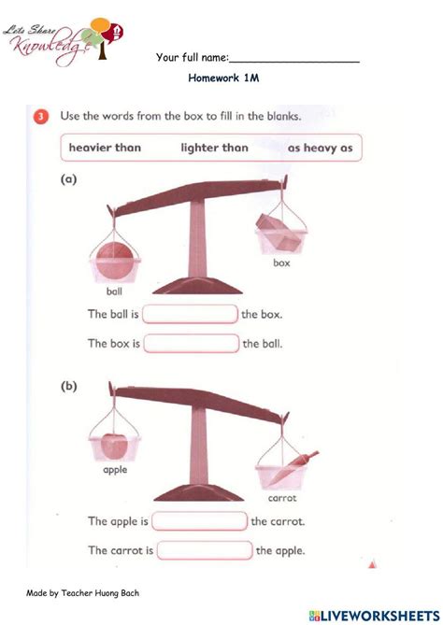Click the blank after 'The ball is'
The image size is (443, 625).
coord(191,315)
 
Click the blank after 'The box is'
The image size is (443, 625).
coord(192,344)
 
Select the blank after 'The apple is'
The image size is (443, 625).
coord(199,521)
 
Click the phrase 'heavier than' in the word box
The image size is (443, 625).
coord(103,148)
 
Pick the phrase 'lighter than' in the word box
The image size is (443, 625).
coord(214,148)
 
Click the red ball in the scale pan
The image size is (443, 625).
coord(115,259)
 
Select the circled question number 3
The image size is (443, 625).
coord(42,117)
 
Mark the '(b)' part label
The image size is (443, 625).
coord(68,389)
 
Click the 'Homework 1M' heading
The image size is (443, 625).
coord(222,79)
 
